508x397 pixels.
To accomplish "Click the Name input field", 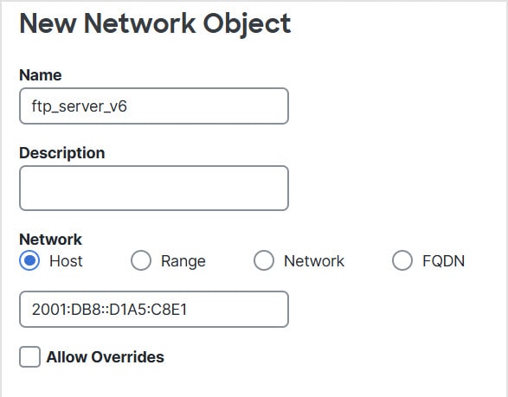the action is tap(154, 106).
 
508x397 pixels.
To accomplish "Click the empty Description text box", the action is tap(154, 189).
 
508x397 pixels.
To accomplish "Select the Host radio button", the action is tap(29, 260).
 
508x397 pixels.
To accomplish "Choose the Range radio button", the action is tap(141, 260).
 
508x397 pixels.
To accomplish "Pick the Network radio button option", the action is tap(264, 260).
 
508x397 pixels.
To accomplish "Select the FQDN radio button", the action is tap(402, 260).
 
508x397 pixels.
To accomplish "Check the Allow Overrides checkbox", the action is tap(29, 357).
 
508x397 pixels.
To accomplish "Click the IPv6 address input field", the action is tap(154, 310).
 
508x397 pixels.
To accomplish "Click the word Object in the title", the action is tap(247, 24).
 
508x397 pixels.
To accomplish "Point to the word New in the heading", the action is tap(48, 23).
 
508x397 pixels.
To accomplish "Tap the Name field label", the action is tap(41, 75).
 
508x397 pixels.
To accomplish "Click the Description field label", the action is tap(62, 153).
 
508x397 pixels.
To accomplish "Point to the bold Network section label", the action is tap(50, 240).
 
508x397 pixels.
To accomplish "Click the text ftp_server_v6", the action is tap(80, 106).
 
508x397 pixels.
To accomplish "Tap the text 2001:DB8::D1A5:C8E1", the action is tap(110, 310).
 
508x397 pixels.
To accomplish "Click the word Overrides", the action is tap(127, 357).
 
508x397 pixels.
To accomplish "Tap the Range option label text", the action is tap(183, 261).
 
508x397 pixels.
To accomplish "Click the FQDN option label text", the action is tap(444, 261).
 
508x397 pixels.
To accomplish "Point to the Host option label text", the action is tap(66, 261).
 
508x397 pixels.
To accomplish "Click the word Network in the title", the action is tap(139, 23).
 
